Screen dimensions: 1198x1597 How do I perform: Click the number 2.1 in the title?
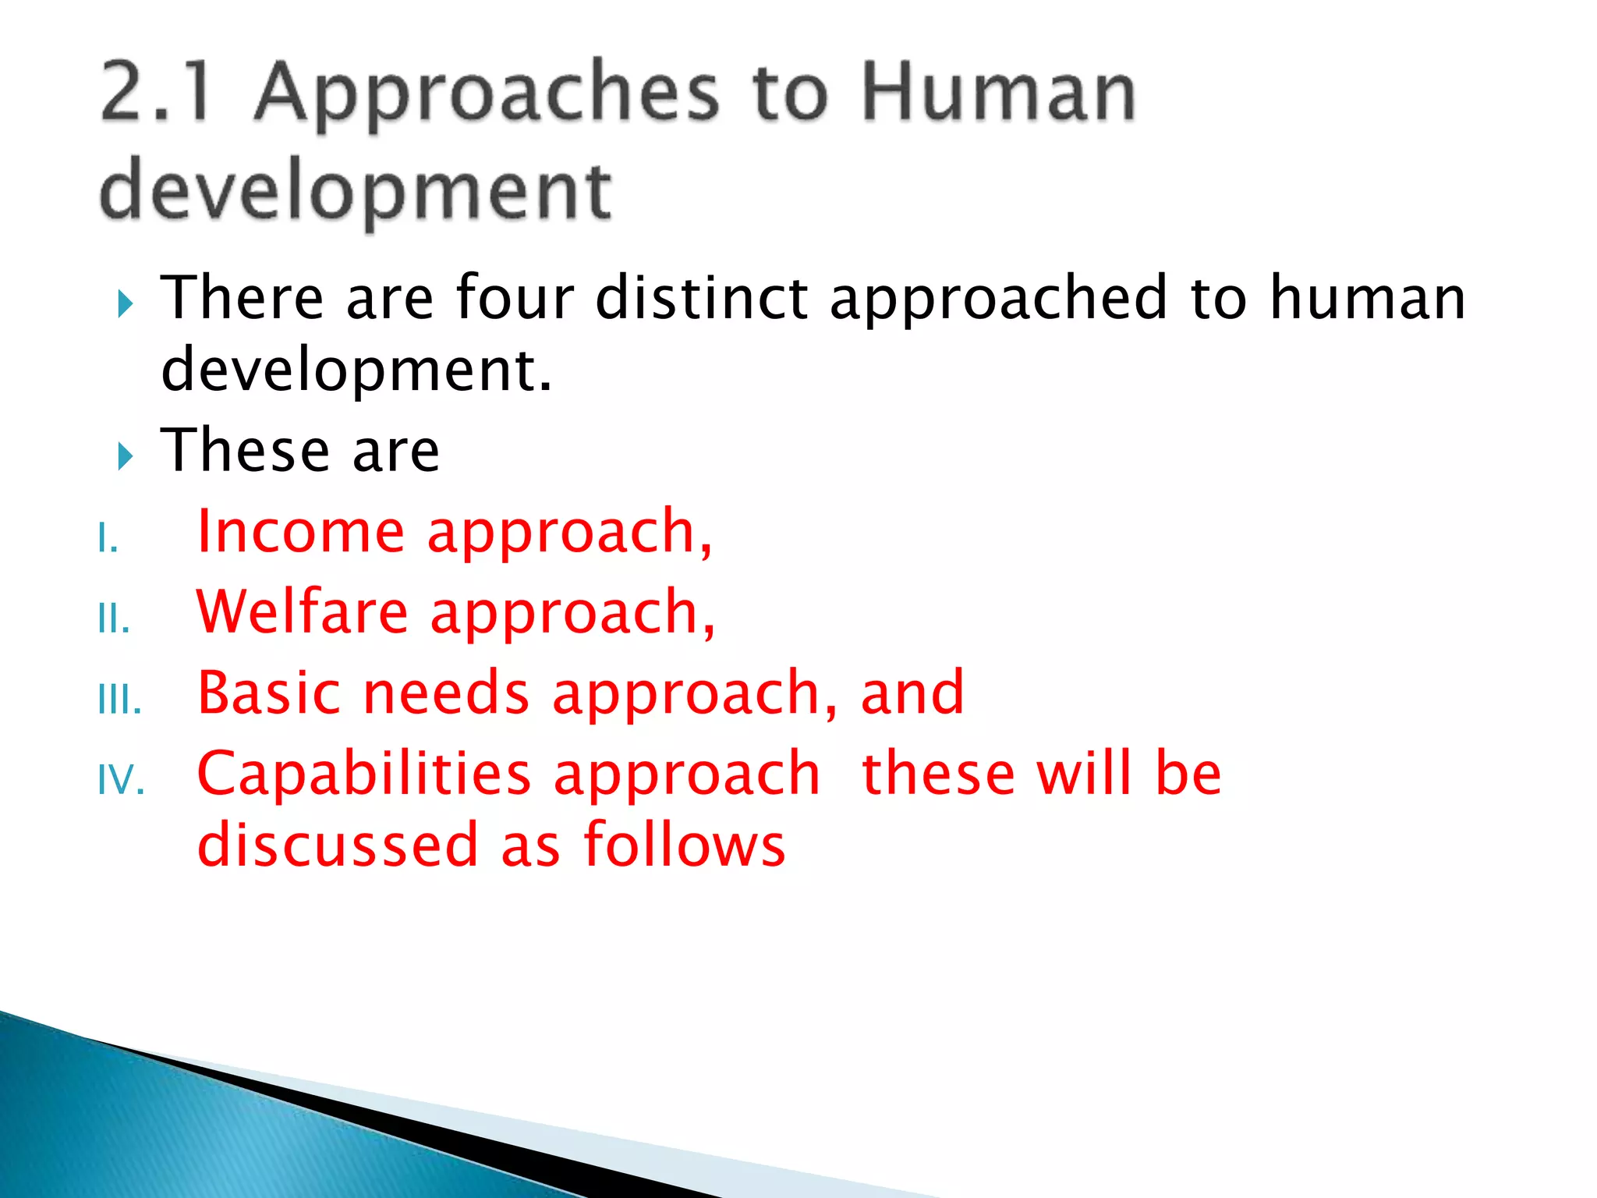[156, 94]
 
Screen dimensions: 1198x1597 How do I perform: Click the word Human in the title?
[998, 94]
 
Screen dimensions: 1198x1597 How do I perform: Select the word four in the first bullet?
[515, 298]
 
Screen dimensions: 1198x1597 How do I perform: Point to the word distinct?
[702, 298]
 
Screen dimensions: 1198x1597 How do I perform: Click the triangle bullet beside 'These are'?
[126, 455]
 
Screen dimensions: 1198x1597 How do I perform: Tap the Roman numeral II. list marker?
[114, 620]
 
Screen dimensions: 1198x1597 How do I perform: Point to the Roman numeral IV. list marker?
[122, 781]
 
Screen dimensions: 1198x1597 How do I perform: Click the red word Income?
[301, 532]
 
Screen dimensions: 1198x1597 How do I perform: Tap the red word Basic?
[269, 693]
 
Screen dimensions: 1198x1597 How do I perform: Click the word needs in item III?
[447, 693]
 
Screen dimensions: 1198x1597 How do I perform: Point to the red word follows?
[685, 845]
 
